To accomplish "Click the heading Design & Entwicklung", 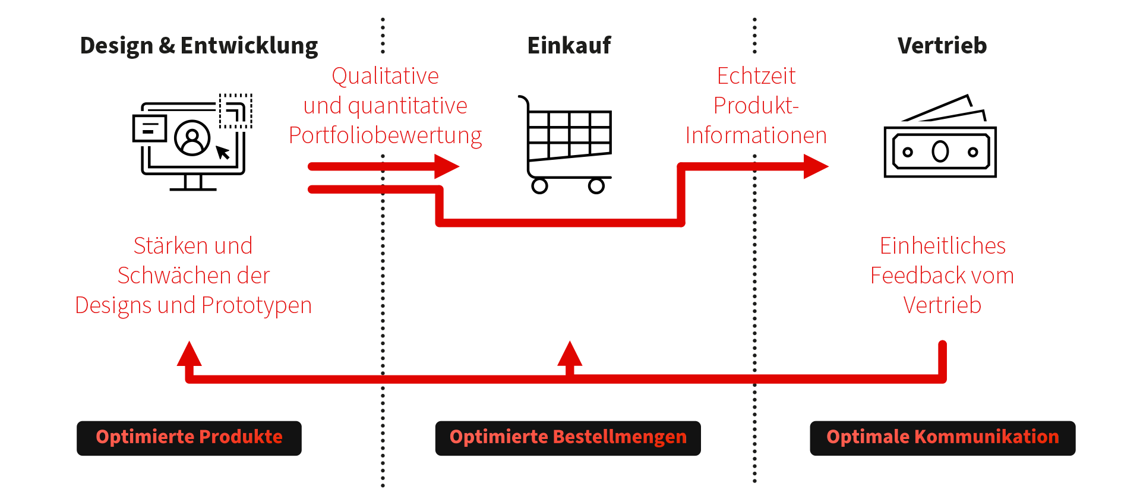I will tap(198, 46).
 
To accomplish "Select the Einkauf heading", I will tap(569, 46).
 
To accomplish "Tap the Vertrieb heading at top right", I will tap(942, 46).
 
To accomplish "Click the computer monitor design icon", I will tap(192, 142).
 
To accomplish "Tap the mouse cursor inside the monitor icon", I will tap(223, 153).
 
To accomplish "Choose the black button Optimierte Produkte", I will tap(189, 438).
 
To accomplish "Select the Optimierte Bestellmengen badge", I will tap(567, 438).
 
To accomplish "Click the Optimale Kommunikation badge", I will tap(942, 438).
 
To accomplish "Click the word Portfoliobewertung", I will tap(385, 136).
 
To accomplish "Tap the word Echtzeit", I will tap(756, 76).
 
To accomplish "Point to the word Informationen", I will tap(756, 135).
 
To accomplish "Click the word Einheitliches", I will tap(942, 246).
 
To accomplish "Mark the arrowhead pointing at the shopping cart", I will tap(446, 166).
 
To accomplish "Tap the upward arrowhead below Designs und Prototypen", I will tap(190, 354).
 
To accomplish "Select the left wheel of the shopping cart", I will tap(539, 186).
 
